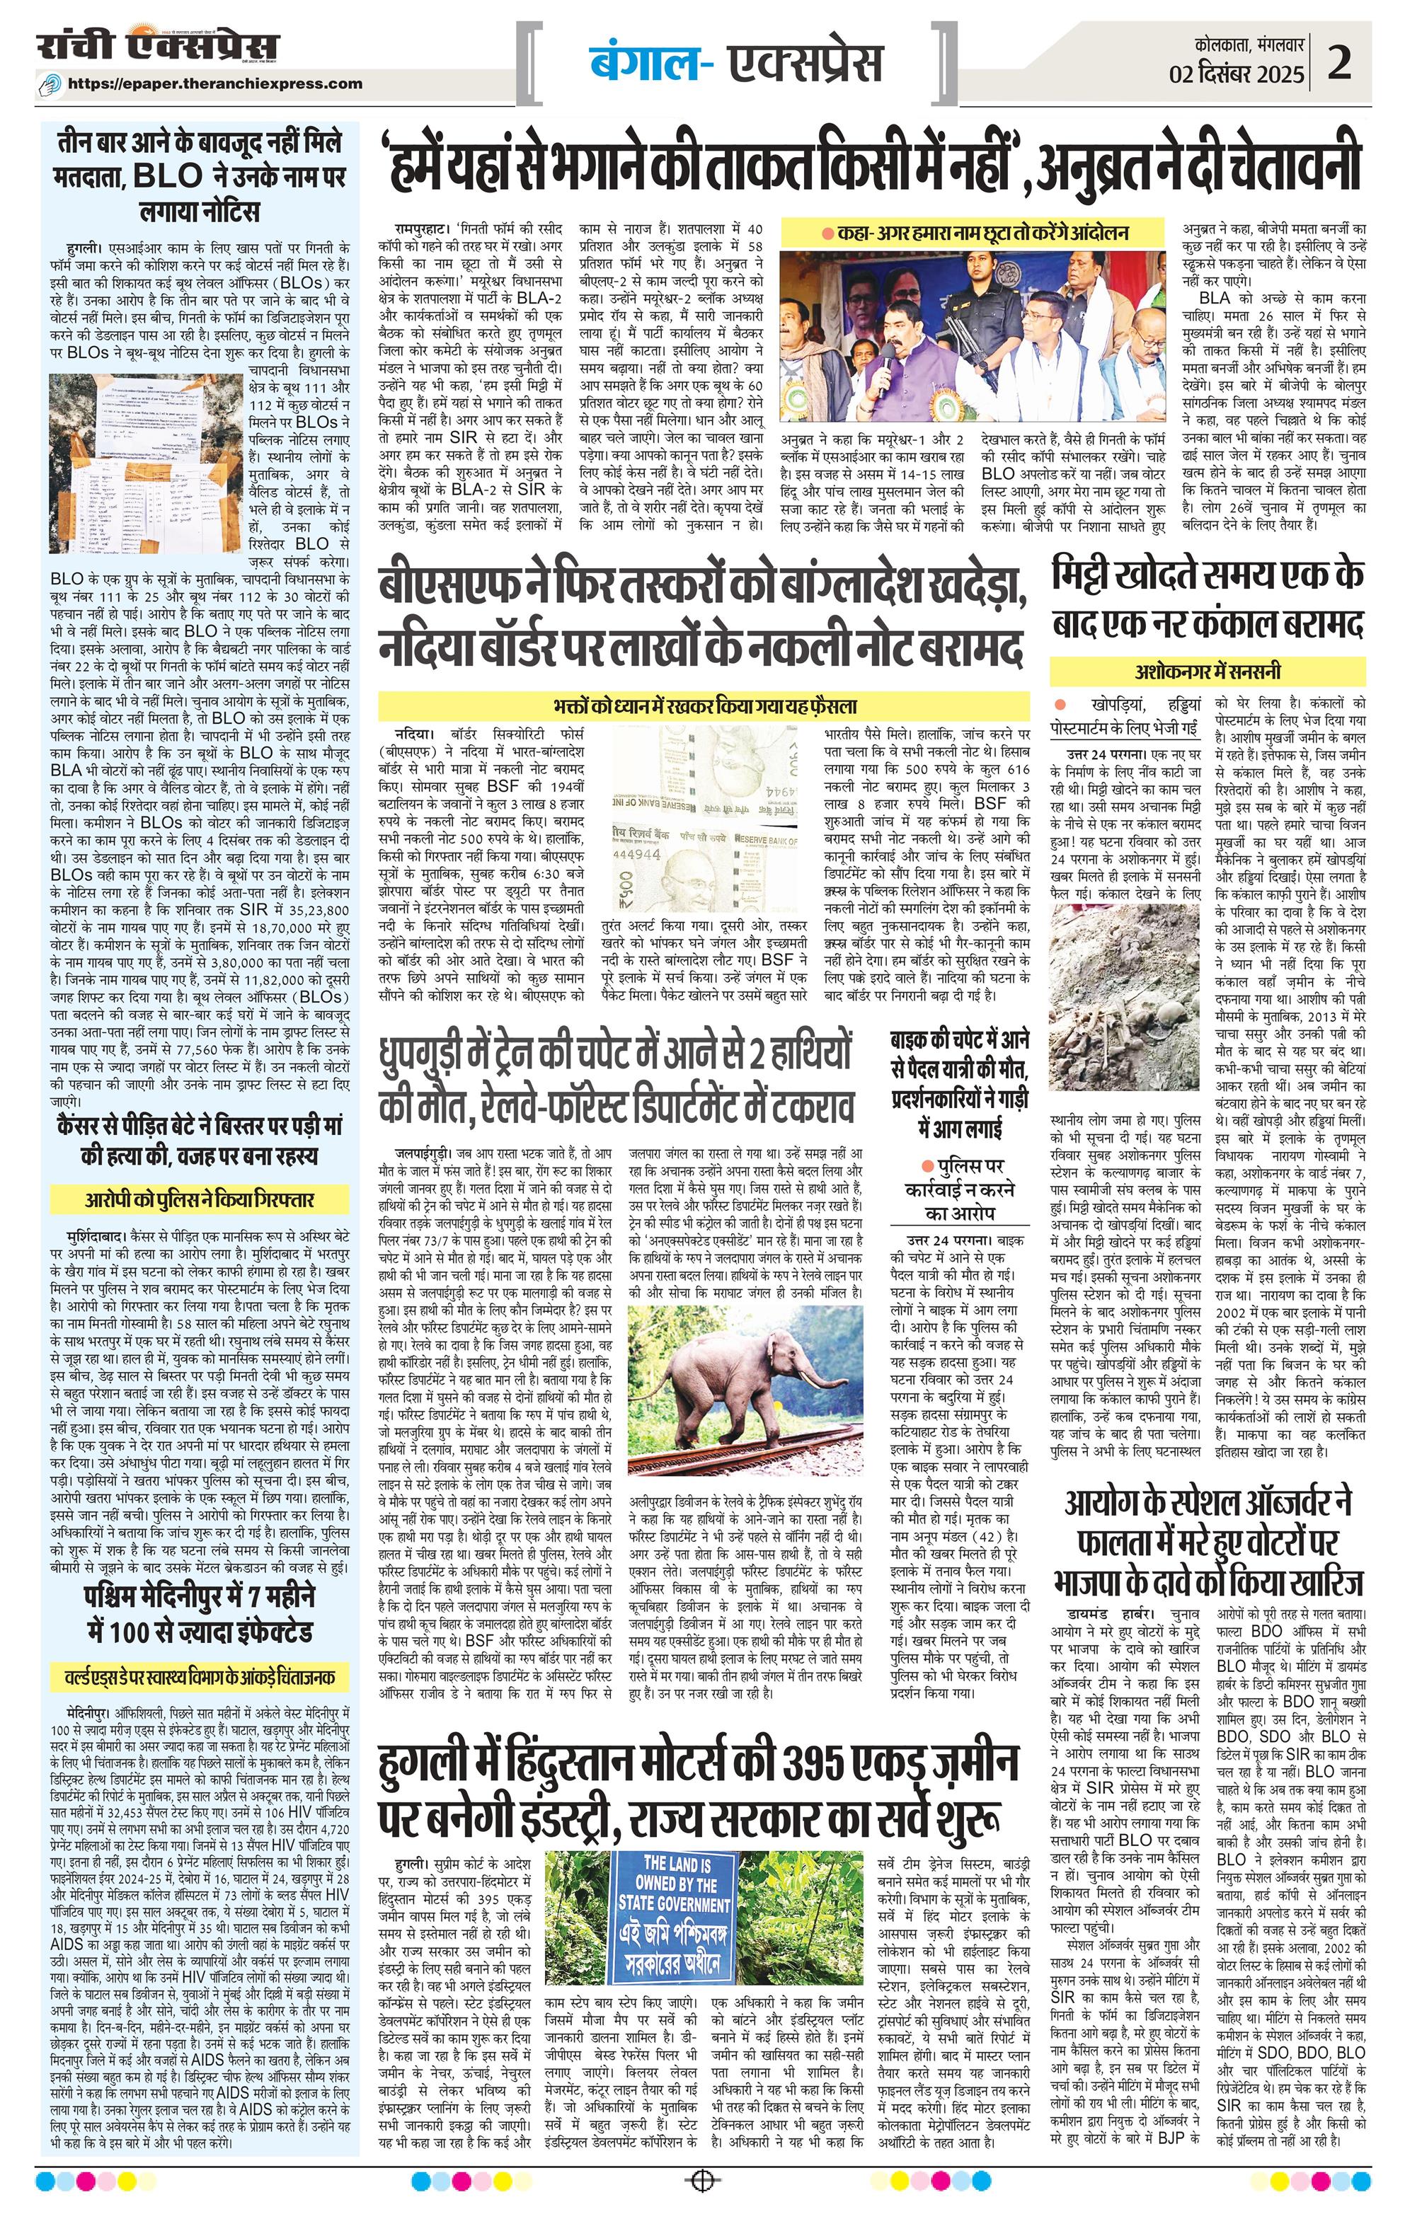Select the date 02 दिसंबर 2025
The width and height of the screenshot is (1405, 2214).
(1236, 74)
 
